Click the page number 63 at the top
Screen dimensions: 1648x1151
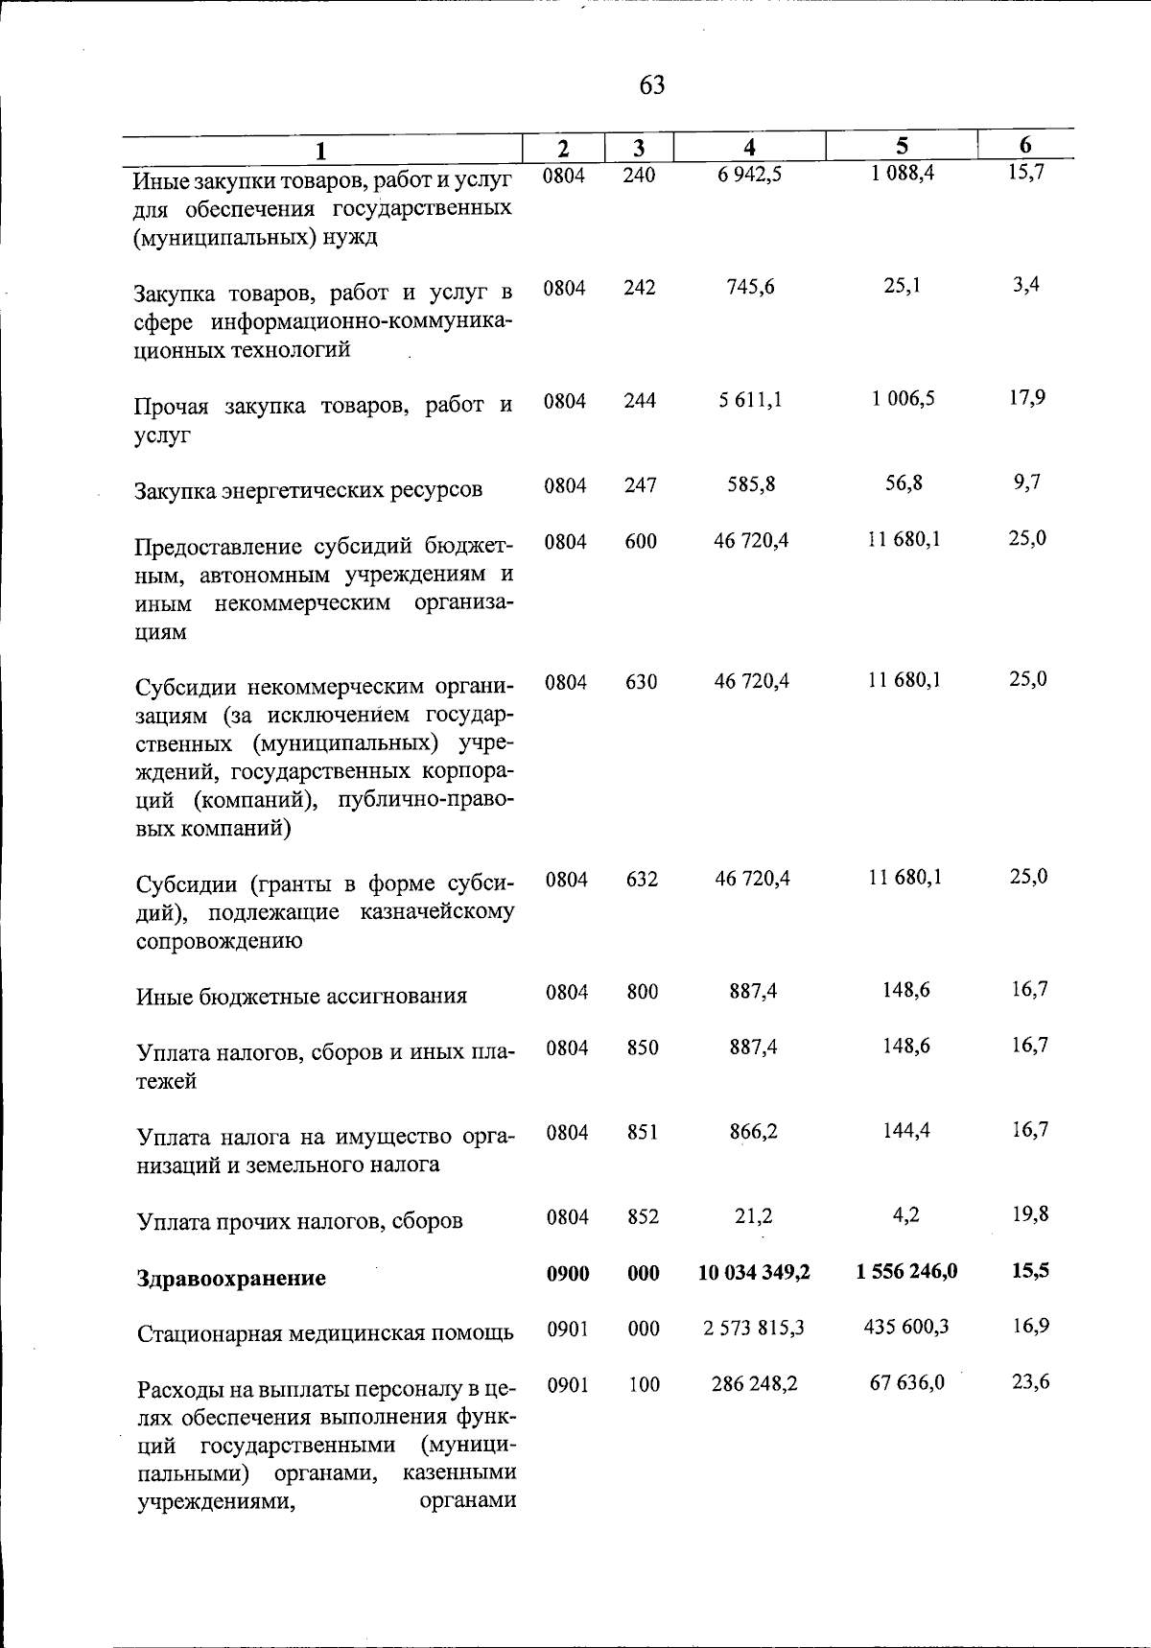coord(651,85)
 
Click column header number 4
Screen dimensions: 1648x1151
coord(750,147)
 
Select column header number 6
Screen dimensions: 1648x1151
coord(1025,145)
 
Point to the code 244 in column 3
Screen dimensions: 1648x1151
coord(640,401)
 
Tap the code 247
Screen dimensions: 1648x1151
coord(640,485)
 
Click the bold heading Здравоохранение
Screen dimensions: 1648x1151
coord(231,1278)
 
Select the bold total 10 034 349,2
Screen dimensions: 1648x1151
coord(754,1272)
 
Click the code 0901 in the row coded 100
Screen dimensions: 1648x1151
coord(567,1385)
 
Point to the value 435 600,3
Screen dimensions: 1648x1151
coord(906,1327)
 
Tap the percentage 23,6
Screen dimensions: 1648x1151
coord(1030,1382)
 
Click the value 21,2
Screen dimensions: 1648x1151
coord(753,1216)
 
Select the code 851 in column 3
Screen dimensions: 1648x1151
coord(642,1132)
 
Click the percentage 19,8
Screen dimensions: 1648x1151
coord(1030,1213)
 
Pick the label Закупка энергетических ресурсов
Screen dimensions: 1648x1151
coord(309,490)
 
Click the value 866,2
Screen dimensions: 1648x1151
coord(753,1132)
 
